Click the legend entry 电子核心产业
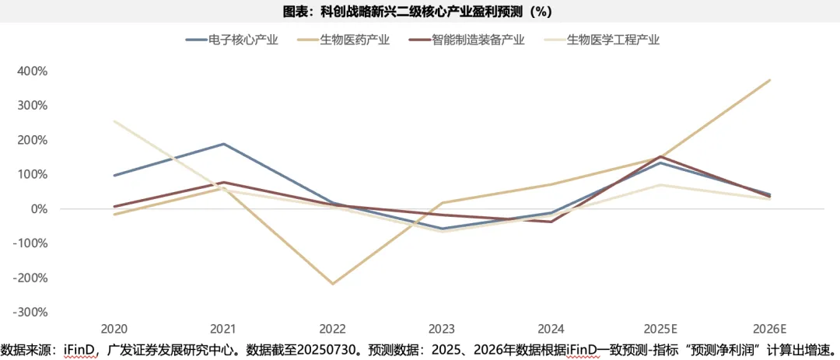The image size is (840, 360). (243, 40)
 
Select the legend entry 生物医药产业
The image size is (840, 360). (355, 40)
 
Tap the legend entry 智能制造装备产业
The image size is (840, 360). (478, 40)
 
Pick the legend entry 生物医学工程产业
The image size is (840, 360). (613, 40)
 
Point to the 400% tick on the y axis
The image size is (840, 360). (33, 71)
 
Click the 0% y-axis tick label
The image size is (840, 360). (39, 208)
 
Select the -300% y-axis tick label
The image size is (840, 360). (31, 312)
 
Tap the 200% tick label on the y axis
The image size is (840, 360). (33, 140)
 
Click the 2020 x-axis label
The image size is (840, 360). (114, 329)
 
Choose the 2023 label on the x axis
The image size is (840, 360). (442, 329)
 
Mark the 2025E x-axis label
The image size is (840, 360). (660, 329)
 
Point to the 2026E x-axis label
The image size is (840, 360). (770, 329)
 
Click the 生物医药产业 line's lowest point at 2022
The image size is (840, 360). (333, 284)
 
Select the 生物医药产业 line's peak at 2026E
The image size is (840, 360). (770, 80)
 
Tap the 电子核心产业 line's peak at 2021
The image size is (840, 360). (224, 144)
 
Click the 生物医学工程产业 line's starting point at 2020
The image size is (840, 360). (114, 121)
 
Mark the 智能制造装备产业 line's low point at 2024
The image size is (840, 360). (551, 222)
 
